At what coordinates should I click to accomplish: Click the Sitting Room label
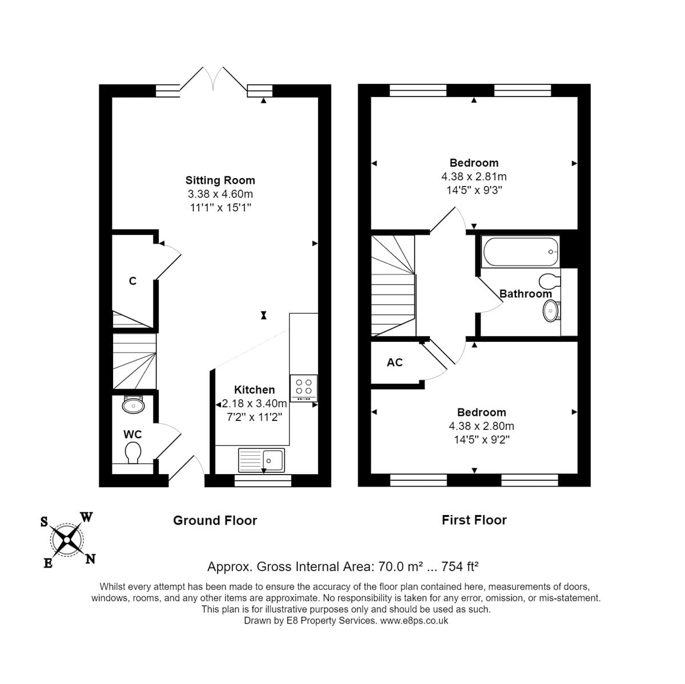click(x=220, y=180)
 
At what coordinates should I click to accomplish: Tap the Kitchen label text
click(x=254, y=390)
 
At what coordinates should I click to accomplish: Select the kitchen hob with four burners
click(x=304, y=388)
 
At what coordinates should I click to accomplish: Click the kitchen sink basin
click(x=273, y=461)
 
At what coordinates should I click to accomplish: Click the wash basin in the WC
click(x=133, y=404)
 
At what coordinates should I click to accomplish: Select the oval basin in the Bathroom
click(x=551, y=310)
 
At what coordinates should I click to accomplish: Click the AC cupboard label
click(x=394, y=362)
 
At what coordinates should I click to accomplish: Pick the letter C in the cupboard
click(x=132, y=281)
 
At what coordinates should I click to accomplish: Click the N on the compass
click(x=90, y=559)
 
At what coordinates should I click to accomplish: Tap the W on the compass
click(x=86, y=517)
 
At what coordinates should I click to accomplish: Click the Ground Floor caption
click(x=215, y=520)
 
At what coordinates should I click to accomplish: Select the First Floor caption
click(x=474, y=520)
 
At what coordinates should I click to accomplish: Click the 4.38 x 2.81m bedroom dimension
click(x=474, y=177)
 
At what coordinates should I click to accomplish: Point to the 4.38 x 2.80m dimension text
click(x=481, y=426)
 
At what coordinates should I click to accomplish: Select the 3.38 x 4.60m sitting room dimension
click(x=220, y=194)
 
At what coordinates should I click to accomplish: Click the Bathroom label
click(x=525, y=294)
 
